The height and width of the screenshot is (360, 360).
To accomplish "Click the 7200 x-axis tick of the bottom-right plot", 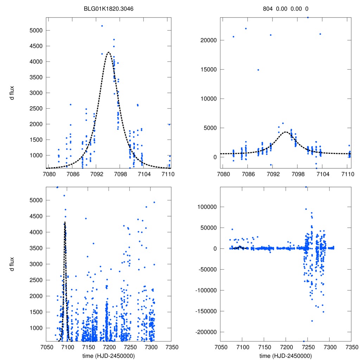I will click(286, 346).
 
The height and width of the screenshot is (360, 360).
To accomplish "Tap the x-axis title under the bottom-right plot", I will click(286, 355).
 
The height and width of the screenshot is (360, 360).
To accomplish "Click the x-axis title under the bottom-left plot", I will click(109, 355).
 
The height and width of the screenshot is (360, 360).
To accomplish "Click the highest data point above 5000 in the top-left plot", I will click(102, 26).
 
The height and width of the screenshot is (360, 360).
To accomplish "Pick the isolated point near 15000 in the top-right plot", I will click(258, 70).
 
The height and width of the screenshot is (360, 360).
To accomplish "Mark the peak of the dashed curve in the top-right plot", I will click(285, 132).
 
